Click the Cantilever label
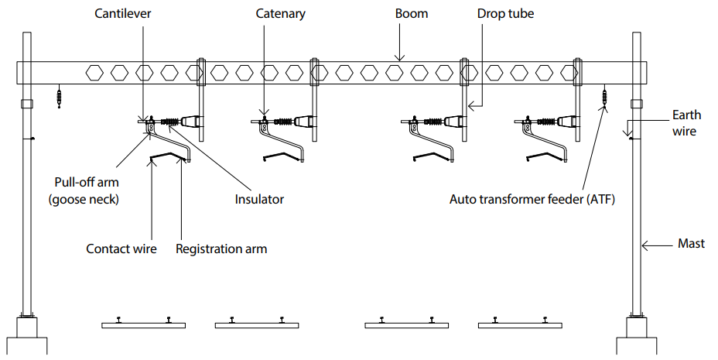(123, 14)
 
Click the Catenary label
(280, 14)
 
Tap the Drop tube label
(504, 14)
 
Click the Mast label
(691, 243)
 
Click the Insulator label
(259, 199)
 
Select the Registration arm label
(221, 249)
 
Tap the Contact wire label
(121, 249)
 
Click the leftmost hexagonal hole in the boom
(94, 73)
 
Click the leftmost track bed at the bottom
(143, 325)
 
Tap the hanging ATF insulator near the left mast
(60, 98)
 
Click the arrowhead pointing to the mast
(644, 244)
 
